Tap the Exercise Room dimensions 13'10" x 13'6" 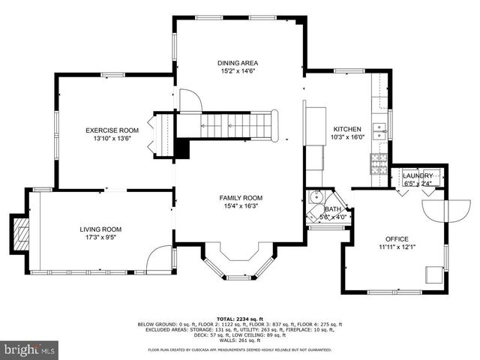(x=112, y=139)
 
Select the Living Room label (x=100, y=229)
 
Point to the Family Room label (x=241, y=198)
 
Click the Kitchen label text (x=347, y=129)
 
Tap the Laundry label (x=418, y=175)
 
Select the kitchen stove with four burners (x=377, y=160)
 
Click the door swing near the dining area (x=189, y=99)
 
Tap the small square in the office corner (x=433, y=274)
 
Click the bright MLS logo (x=30, y=349)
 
